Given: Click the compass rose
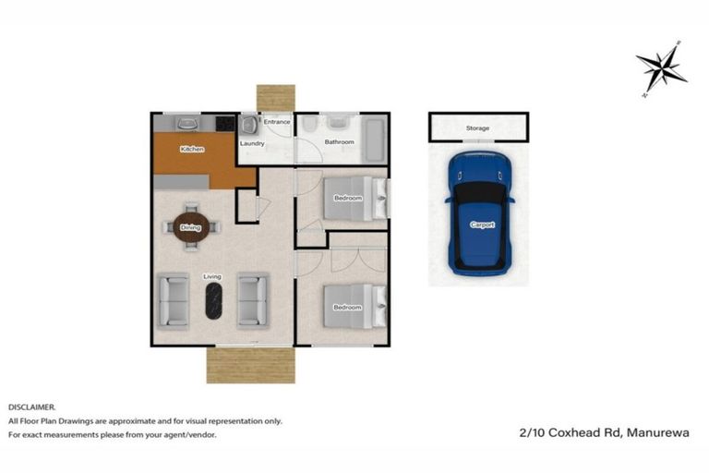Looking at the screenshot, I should (661, 67).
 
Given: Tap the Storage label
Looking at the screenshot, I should (477, 128).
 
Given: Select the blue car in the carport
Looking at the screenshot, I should (478, 213).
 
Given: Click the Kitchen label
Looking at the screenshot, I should (192, 149).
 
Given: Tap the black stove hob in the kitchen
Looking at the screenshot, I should (224, 122).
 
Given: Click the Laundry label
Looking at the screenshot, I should (252, 144).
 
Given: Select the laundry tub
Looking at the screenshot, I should (248, 125).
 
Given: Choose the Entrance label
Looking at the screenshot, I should (277, 122).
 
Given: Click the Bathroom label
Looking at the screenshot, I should (340, 142).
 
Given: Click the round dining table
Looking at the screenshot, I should (191, 227).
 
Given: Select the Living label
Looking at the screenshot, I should (212, 276).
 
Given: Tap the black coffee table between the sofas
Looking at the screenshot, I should (213, 301).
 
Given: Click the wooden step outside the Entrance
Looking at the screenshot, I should (275, 98).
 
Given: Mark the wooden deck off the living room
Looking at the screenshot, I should (244, 364).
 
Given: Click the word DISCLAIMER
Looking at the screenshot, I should (31, 406).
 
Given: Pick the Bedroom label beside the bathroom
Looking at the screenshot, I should (348, 199).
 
